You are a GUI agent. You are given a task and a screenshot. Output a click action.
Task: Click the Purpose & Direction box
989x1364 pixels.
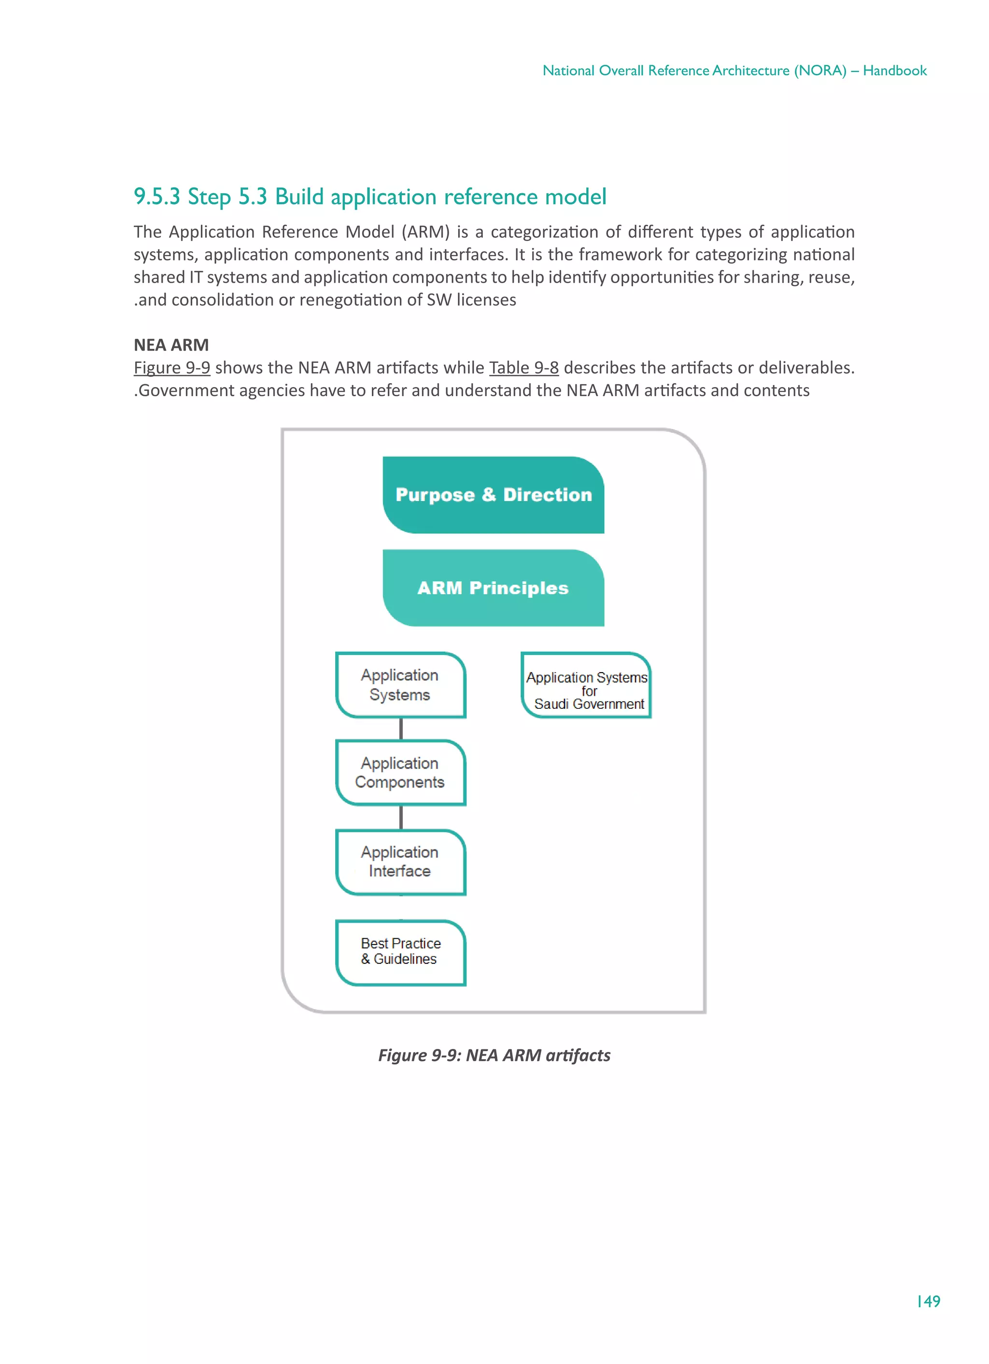click(493, 494)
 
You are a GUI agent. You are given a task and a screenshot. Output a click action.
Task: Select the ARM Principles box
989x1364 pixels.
click(493, 588)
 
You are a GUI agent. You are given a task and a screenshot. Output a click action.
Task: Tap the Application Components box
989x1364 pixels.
click(400, 773)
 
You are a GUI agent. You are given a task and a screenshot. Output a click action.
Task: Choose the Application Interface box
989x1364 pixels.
click(400, 862)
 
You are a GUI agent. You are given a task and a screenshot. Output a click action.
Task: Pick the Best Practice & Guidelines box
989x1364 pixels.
click(400, 951)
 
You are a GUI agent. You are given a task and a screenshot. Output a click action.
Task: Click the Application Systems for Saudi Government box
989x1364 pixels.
click(586, 685)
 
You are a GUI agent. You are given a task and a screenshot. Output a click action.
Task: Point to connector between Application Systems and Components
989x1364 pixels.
click(401, 729)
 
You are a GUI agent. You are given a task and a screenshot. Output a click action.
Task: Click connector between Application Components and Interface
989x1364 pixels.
click(401, 818)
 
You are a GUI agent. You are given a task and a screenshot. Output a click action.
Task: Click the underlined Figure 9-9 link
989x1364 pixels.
click(171, 368)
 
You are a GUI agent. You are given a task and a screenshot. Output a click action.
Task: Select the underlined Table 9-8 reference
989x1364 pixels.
click(523, 368)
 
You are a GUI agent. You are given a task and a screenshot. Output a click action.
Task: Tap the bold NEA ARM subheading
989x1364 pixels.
click(171, 345)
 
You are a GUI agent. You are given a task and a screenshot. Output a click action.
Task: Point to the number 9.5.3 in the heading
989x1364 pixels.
click(156, 197)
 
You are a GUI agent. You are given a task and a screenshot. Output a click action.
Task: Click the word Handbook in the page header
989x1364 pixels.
click(895, 71)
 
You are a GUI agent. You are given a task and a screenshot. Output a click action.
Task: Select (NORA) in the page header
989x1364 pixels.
click(820, 71)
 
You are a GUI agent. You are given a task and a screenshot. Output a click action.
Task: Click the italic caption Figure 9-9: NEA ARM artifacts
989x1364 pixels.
click(494, 1055)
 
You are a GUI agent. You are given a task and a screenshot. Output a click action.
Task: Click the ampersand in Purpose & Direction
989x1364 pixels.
click(488, 494)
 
